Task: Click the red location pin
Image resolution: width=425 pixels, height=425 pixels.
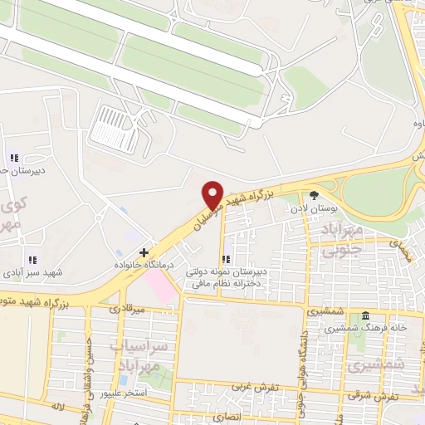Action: click(212, 195)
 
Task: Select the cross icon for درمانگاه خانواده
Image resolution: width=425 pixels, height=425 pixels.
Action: click(144, 252)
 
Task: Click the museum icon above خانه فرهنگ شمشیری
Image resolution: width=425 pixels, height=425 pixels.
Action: click(364, 317)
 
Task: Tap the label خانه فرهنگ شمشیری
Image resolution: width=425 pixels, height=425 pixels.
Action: click(365, 329)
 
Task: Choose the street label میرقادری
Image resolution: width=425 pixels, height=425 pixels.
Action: click(127, 309)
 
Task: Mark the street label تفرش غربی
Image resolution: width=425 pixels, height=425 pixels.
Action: click(252, 387)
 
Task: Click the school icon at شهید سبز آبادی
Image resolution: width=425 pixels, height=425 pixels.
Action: click(32, 260)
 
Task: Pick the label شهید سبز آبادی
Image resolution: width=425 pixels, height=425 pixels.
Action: click(32, 271)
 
